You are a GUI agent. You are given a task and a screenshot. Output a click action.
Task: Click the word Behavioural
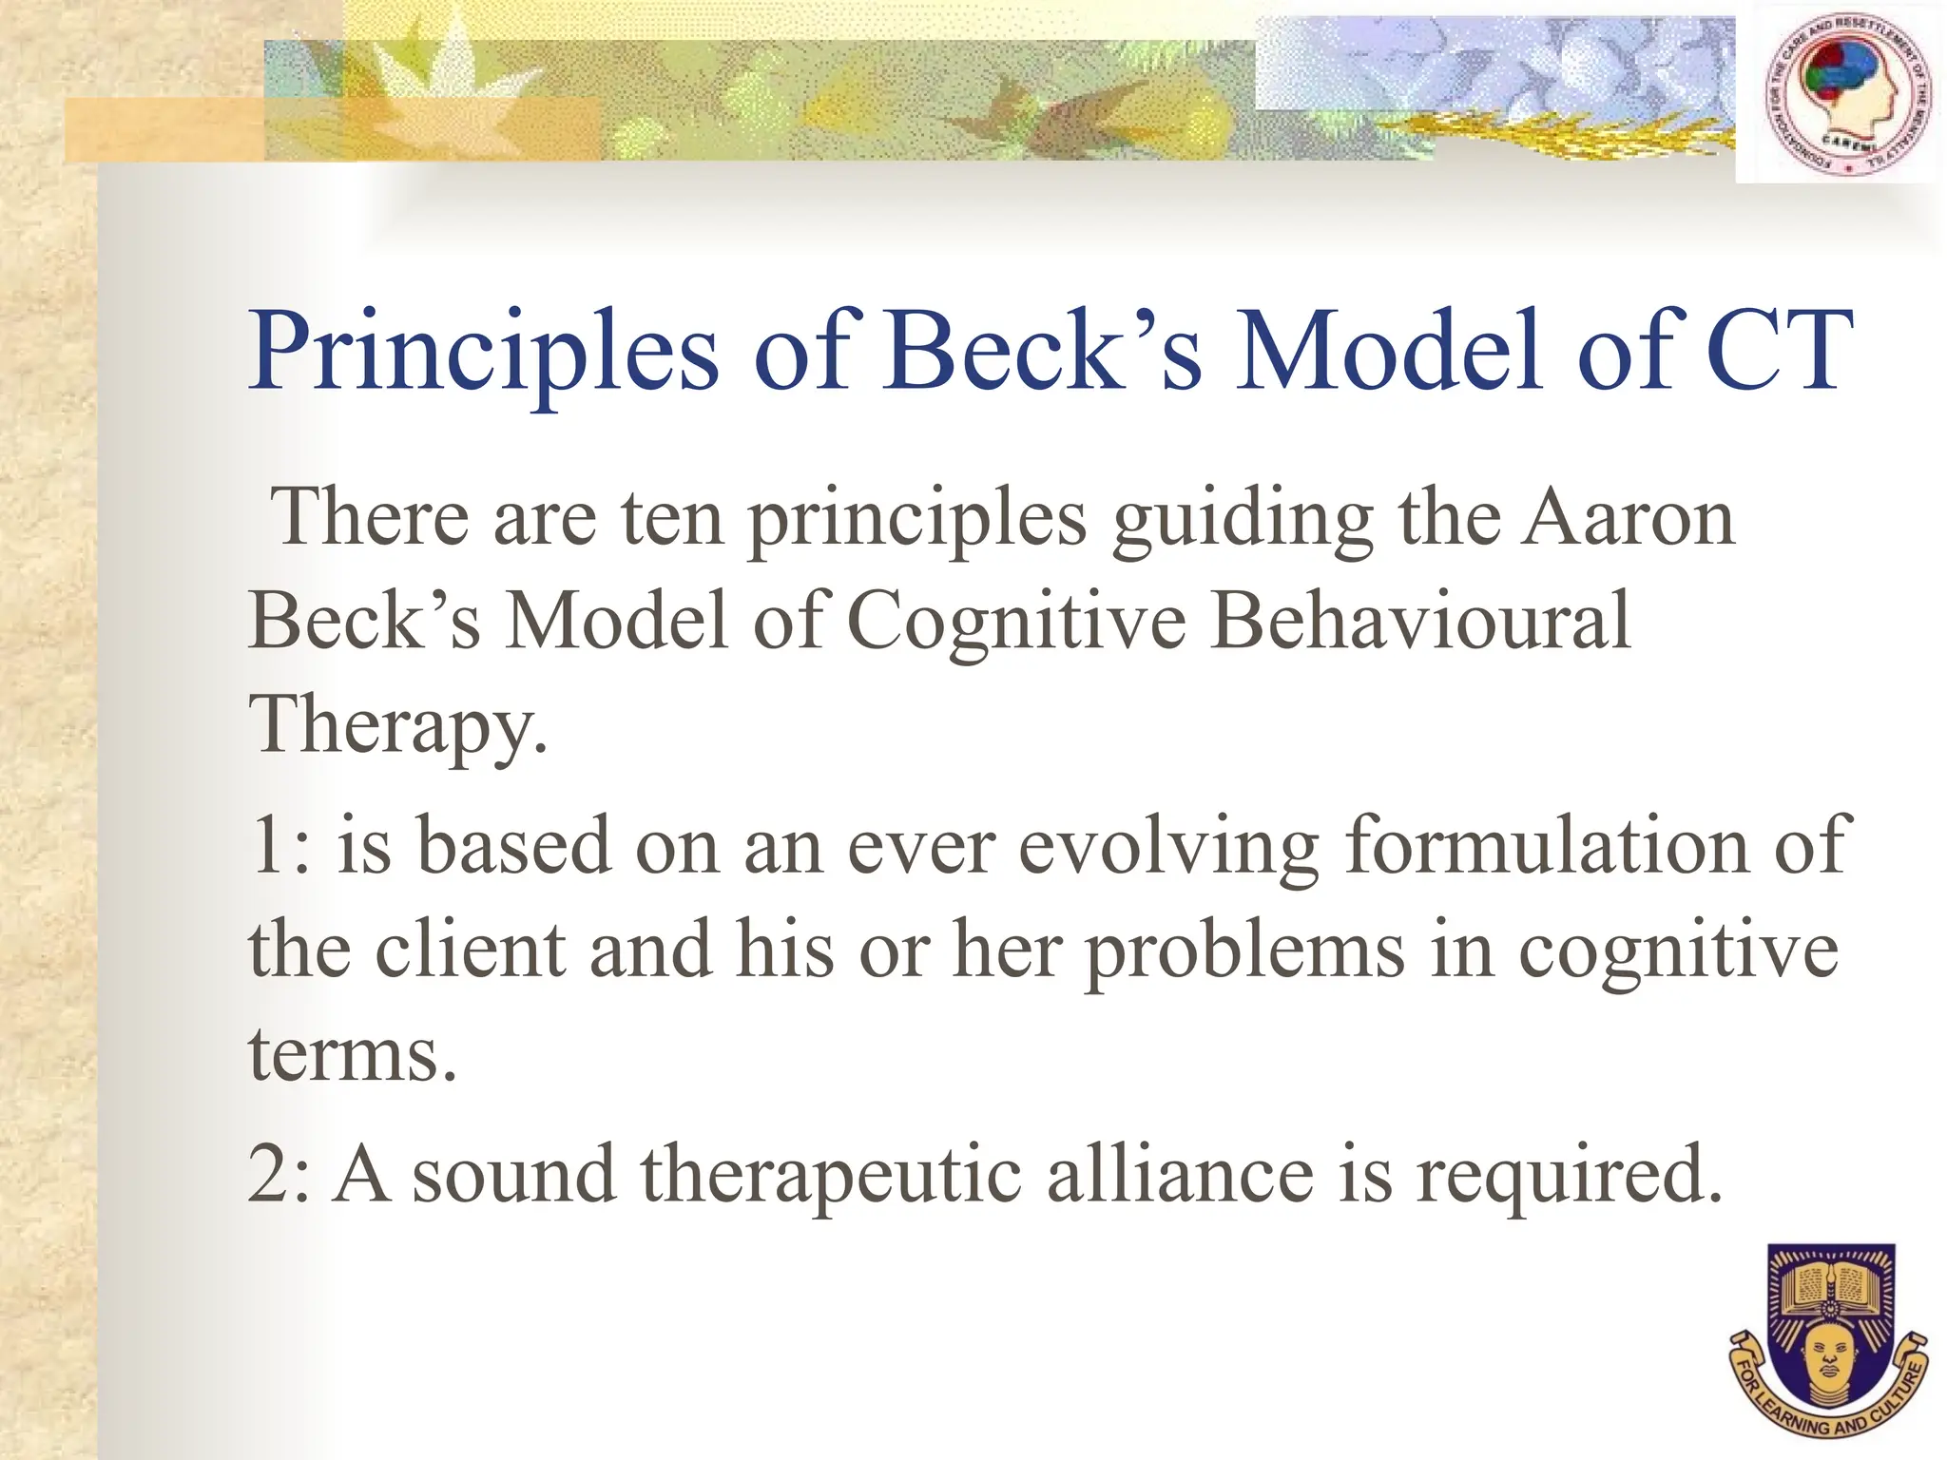(1420, 622)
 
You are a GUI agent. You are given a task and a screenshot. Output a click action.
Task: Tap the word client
(471, 951)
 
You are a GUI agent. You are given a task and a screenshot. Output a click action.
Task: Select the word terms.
(352, 1055)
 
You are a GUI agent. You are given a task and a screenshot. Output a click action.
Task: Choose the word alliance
(1180, 1175)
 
